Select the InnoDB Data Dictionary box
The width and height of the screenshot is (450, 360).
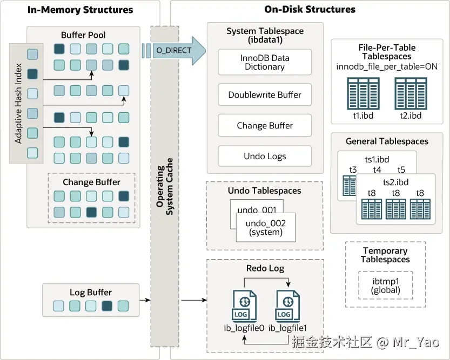coord(265,62)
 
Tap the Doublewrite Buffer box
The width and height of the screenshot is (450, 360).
coord(265,95)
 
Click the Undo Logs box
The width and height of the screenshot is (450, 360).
coord(265,157)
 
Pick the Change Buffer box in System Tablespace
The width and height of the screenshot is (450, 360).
coord(265,126)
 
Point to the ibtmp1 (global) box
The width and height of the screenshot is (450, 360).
coord(386,286)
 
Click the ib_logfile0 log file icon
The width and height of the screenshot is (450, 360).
coord(245,307)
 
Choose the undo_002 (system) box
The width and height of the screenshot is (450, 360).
coord(265,227)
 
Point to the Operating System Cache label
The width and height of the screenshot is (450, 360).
coord(165,186)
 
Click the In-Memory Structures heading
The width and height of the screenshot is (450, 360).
coord(80,10)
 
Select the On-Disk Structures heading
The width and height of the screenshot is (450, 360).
coord(310,9)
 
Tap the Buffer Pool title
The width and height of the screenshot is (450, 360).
coord(83,35)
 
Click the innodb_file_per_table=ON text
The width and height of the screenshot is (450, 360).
coord(387,66)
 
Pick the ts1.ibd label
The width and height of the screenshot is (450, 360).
coord(377,160)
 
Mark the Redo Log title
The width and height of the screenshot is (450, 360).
coord(265,268)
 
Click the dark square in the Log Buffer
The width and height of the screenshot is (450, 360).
coord(107,306)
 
